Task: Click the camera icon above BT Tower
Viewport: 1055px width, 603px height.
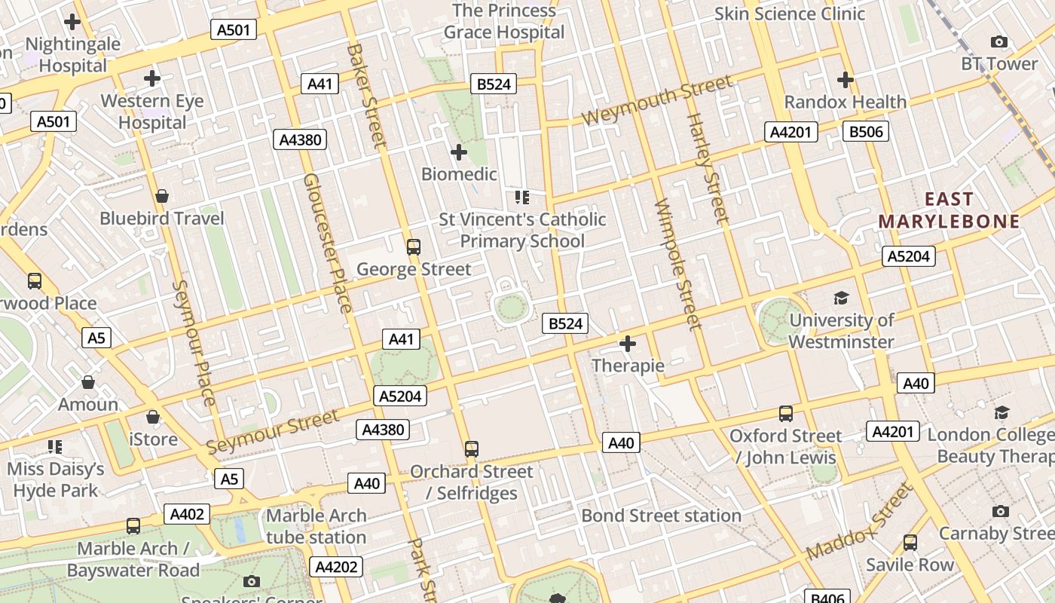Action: click(x=998, y=42)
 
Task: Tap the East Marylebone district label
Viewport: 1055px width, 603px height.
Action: click(x=949, y=210)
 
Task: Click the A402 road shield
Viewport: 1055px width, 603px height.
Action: click(x=187, y=514)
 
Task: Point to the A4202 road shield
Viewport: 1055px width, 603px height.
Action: click(x=336, y=567)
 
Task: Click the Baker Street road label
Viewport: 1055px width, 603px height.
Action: click(x=366, y=95)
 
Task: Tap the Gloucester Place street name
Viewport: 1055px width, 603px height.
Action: click(x=328, y=243)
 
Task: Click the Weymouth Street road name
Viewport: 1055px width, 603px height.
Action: click(x=656, y=101)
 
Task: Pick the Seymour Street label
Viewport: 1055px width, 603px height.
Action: click(x=273, y=433)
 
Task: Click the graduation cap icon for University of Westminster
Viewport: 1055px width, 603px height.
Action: click(x=841, y=298)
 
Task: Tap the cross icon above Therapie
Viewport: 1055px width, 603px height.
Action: click(x=627, y=344)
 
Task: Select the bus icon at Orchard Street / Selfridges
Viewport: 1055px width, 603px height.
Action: click(x=472, y=449)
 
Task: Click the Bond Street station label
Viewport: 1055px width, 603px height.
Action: click(x=661, y=516)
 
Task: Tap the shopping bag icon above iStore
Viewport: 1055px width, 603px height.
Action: click(x=153, y=417)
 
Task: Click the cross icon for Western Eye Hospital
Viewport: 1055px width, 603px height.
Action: click(x=152, y=78)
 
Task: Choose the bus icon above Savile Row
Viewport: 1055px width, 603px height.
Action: click(x=910, y=543)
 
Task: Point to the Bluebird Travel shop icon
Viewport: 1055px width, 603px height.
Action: click(x=161, y=197)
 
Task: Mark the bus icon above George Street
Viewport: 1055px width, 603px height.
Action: click(x=413, y=246)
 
